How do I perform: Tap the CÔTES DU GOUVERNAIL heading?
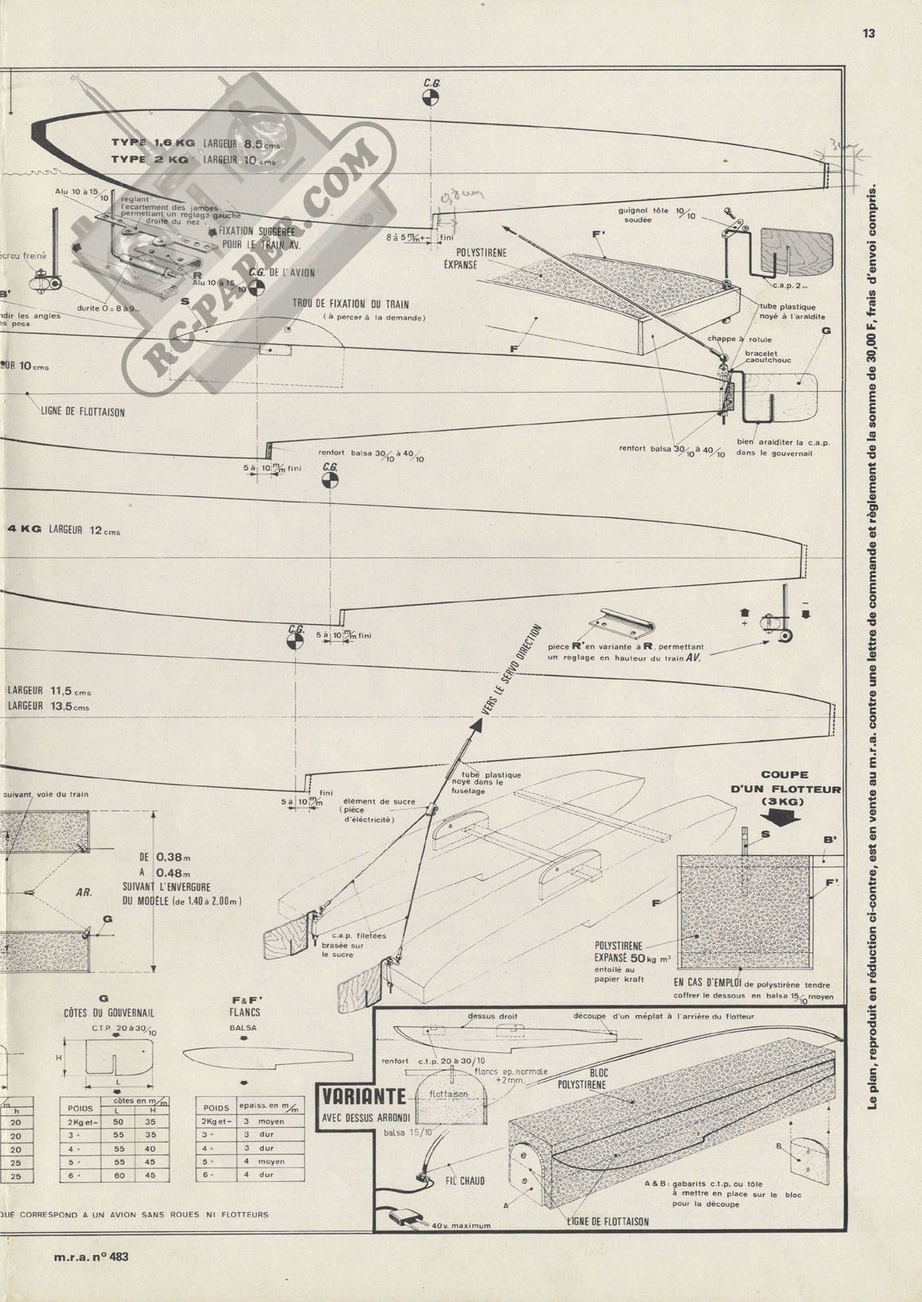(107, 1013)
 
